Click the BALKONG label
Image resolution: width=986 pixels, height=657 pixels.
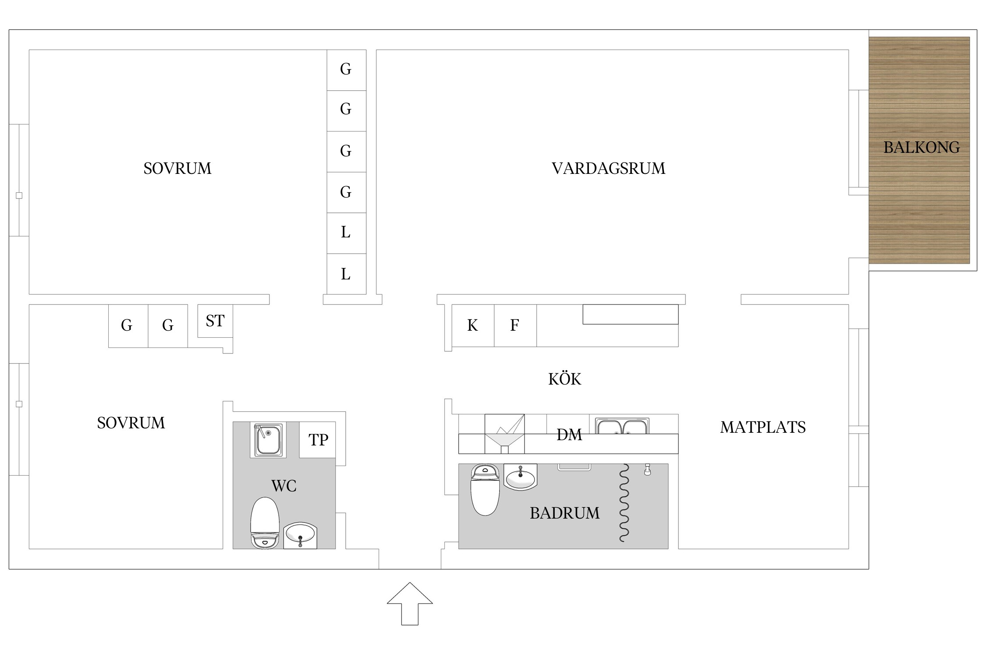click(922, 147)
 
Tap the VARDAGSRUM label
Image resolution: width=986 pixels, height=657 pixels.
click(608, 168)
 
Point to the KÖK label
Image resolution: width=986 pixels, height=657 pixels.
click(564, 379)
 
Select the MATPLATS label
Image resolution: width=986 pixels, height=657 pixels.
click(763, 427)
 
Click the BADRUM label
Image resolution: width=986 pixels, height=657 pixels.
click(564, 513)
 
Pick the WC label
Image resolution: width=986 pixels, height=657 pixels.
click(284, 486)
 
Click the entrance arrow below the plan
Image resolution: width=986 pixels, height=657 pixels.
click(410, 604)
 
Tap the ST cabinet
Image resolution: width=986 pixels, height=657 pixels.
click(215, 321)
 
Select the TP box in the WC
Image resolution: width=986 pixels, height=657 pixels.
click(318, 440)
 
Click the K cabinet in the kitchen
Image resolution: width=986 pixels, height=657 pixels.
click(473, 325)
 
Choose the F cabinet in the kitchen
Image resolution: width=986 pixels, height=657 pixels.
click(515, 325)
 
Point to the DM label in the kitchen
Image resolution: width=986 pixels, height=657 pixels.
click(569, 434)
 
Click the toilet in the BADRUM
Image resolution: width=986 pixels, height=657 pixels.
click(485, 490)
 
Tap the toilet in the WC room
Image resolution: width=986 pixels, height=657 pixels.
click(265, 523)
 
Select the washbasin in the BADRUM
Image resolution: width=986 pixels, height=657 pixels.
click(520, 477)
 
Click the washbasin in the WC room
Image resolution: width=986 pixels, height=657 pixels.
click(300, 535)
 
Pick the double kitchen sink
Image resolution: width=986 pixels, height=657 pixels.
click(622, 427)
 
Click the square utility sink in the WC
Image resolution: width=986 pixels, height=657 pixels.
click(268, 440)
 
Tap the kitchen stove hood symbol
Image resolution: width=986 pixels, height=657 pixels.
click(504, 434)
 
